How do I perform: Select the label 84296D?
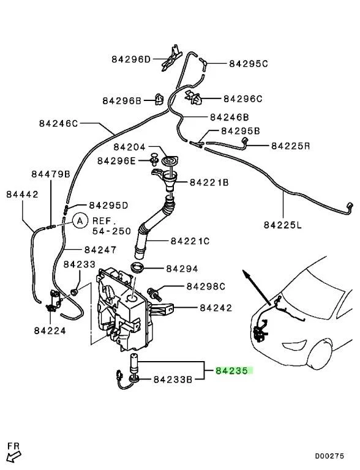[x=130, y=59]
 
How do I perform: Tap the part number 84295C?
[x=249, y=63]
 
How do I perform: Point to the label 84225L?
[x=283, y=225]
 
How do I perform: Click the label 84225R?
[x=291, y=146]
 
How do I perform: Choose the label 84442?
[x=23, y=194]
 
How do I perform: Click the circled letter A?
[x=80, y=220]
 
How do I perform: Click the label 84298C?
[x=206, y=286]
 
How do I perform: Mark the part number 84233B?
[x=173, y=379]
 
